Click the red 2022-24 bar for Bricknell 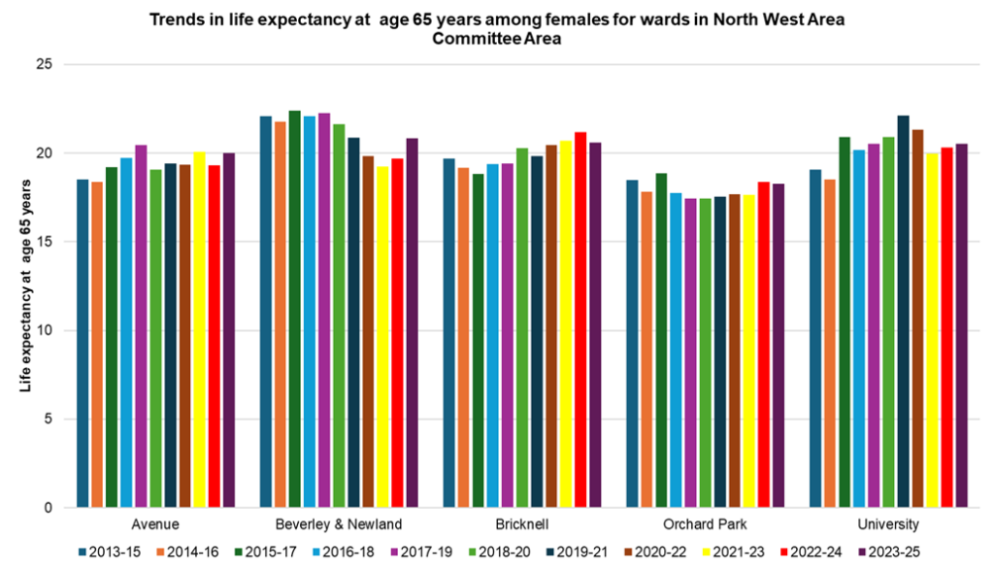(x=580, y=319)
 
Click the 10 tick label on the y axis (x=44, y=331)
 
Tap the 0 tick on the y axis (x=48, y=508)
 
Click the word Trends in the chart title (x=179, y=18)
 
